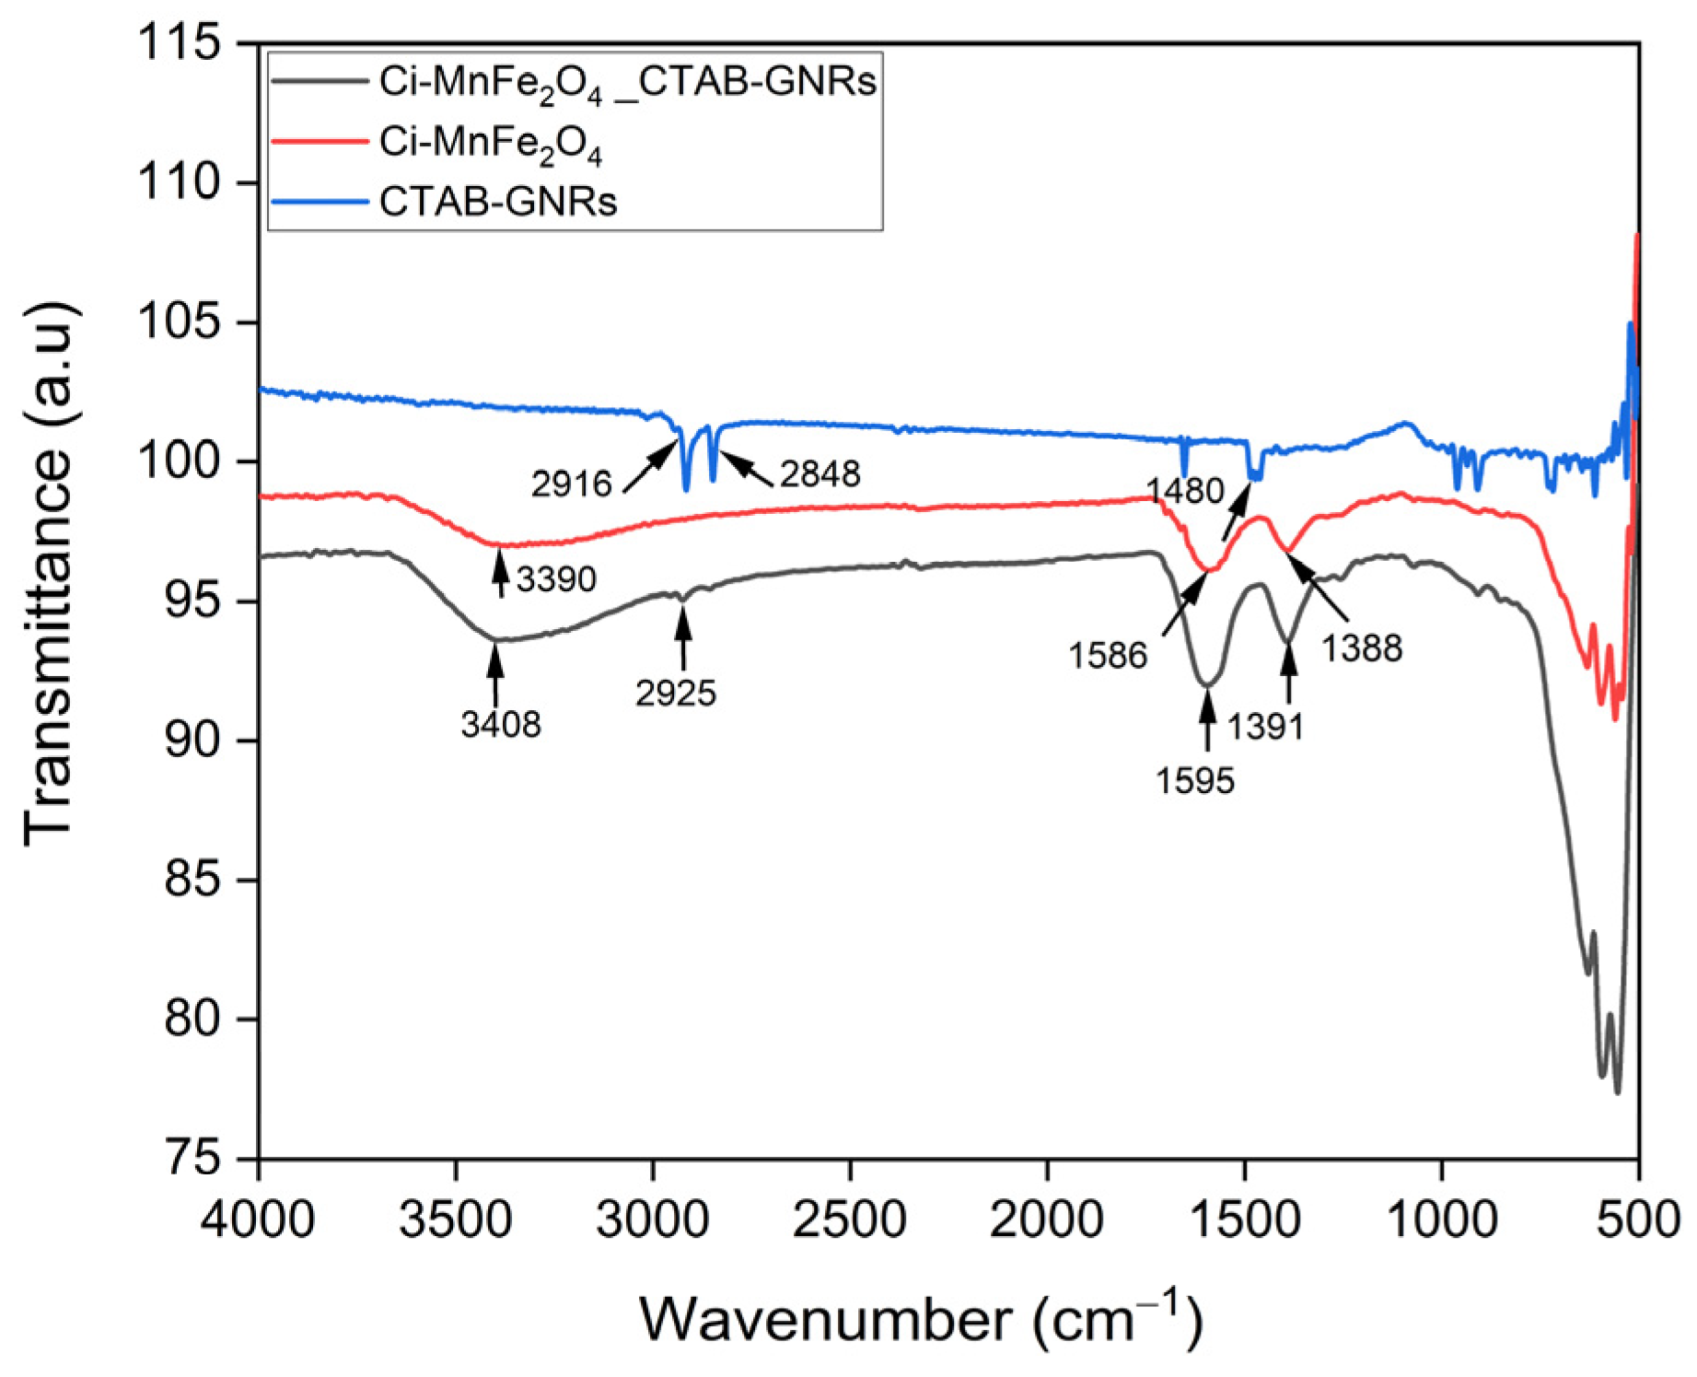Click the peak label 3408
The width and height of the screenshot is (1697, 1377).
point(501,726)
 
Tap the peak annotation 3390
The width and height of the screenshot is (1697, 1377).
point(556,579)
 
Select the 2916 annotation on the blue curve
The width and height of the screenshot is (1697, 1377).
point(571,484)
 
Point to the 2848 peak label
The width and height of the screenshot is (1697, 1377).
point(819,474)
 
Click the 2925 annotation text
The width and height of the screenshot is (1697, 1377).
point(675,694)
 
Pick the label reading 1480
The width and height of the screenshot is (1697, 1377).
point(1185,491)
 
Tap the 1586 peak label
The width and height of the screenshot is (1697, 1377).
point(1108,657)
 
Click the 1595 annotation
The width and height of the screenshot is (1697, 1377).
point(1195,782)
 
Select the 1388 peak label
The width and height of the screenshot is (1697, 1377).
point(1362,649)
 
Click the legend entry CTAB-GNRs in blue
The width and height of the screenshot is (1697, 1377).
point(497,202)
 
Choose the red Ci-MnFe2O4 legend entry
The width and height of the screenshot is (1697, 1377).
point(490,143)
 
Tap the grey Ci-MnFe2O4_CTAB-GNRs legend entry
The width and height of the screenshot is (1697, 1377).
point(626,83)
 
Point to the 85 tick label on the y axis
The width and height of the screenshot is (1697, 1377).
point(193,881)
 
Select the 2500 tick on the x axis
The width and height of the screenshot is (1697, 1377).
point(850,1220)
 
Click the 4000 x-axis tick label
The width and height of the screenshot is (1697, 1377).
point(259,1220)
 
